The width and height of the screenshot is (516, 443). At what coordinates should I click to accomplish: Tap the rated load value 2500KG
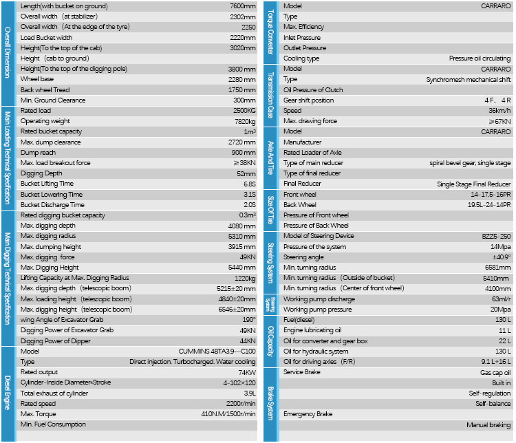(x=244, y=111)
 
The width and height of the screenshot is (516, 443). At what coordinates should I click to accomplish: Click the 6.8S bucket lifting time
(x=249, y=184)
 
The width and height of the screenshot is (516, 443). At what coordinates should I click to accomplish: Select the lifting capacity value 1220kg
(x=244, y=278)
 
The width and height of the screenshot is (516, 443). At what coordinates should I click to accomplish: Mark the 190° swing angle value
(x=249, y=320)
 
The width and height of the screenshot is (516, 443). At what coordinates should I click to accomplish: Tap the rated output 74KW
(x=246, y=372)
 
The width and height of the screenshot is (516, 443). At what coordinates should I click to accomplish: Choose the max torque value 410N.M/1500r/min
(x=228, y=414)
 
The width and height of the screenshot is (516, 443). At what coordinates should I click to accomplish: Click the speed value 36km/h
(x=499, y=111)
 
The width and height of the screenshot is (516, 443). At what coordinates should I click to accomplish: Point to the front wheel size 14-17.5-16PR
(x=491, y=194)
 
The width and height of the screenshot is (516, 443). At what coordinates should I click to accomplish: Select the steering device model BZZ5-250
(x=495, y=236)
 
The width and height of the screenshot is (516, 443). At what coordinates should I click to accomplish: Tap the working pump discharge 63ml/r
(x=499, y=299)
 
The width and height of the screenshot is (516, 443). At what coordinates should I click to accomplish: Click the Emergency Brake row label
(x=309, y=414)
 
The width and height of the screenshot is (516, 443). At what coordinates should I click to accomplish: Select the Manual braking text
(x=488, y=425)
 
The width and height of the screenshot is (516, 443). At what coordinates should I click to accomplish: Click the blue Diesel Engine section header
(x=7, y=393)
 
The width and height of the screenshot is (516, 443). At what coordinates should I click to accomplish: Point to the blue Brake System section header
(x=270, y=404)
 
